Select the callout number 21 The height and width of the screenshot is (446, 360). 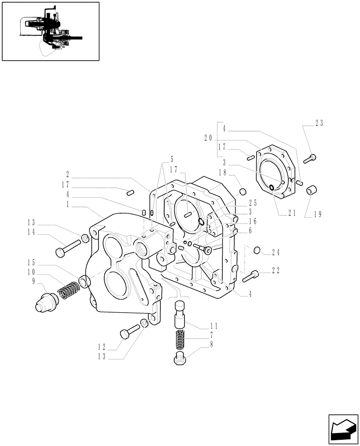[292, 213]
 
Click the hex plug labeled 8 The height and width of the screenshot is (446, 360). [179, 358]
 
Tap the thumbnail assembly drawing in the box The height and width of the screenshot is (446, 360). [50, 31]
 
